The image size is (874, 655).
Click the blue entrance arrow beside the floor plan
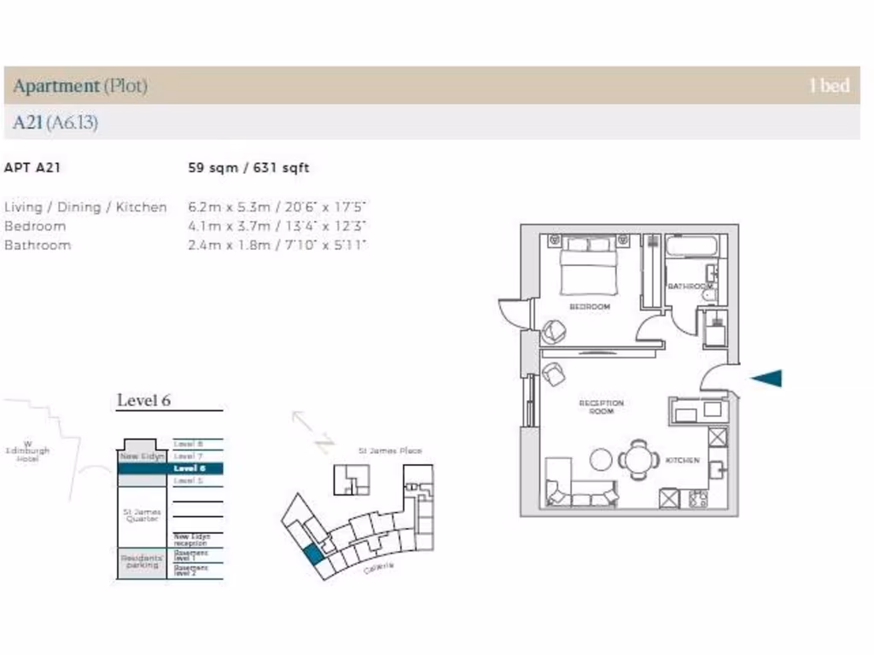pyautogui.click(x=767, y=379)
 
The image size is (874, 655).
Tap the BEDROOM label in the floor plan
pyautogui.click(x=590, y=306)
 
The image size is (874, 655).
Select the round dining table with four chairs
pyautogui.click(x=638, y=460)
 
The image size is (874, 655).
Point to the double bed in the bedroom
pyautogui.click(x=589, y=266)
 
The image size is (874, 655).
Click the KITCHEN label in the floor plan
pyautogui.click(x=682, y=461)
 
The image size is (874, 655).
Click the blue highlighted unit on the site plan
pyautogui.click(x=314, y=554)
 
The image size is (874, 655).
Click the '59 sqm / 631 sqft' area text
pyautogui.click(x=248, y=168)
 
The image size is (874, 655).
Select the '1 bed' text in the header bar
pyautogui.click(x=829, y=85)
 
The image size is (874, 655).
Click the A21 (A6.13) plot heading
pyautogui.click(x=55, y=123)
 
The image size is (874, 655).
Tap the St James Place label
pyautogui.click(x=389, y=450)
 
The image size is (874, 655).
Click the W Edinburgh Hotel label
pyautogui.click(x=27, y=451)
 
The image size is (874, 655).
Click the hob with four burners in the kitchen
pyautogui.click(x=697, y=499)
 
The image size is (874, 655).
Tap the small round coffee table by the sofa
pyautogui.click(x=602, y=459)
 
